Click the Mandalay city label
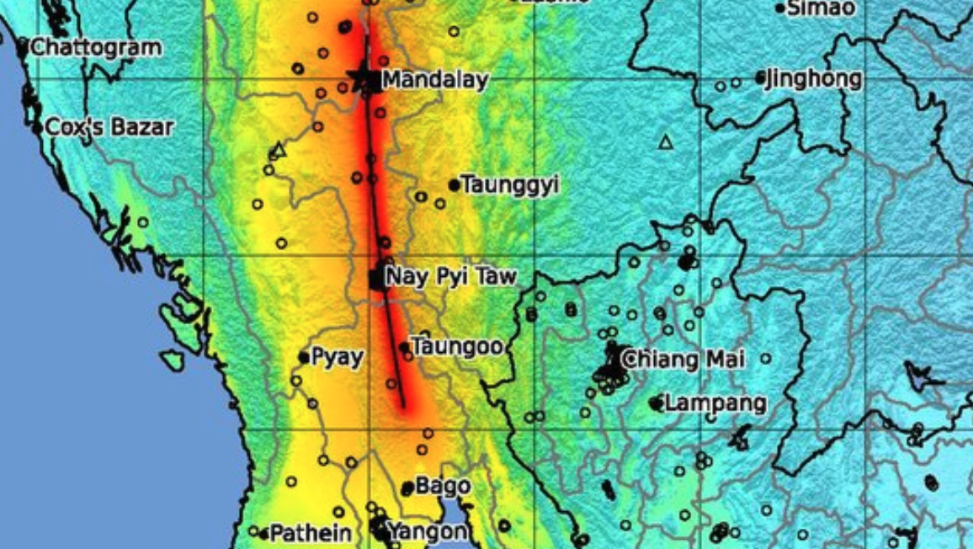(x=435, y=81)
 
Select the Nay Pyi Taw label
(x=450, y=276)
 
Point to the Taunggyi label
(x=510, y=185)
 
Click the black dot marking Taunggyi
(x=455, y=185)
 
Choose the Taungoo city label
(x=458, y=346)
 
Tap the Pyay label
(x=337, y=357)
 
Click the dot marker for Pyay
(x=304, y=358)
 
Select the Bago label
(x=443, y=486)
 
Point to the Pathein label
(x=311, y=533)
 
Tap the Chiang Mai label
(x=683, y=360)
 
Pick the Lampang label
(x=715, y=403)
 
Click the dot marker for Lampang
(x=656, y=404)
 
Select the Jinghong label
(x=814, y=79)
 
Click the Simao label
(x=821, y=8)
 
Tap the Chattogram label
(x=95, y=47)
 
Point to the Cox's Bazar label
(x=109, y=128)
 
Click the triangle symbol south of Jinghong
(x=667, y=142)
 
